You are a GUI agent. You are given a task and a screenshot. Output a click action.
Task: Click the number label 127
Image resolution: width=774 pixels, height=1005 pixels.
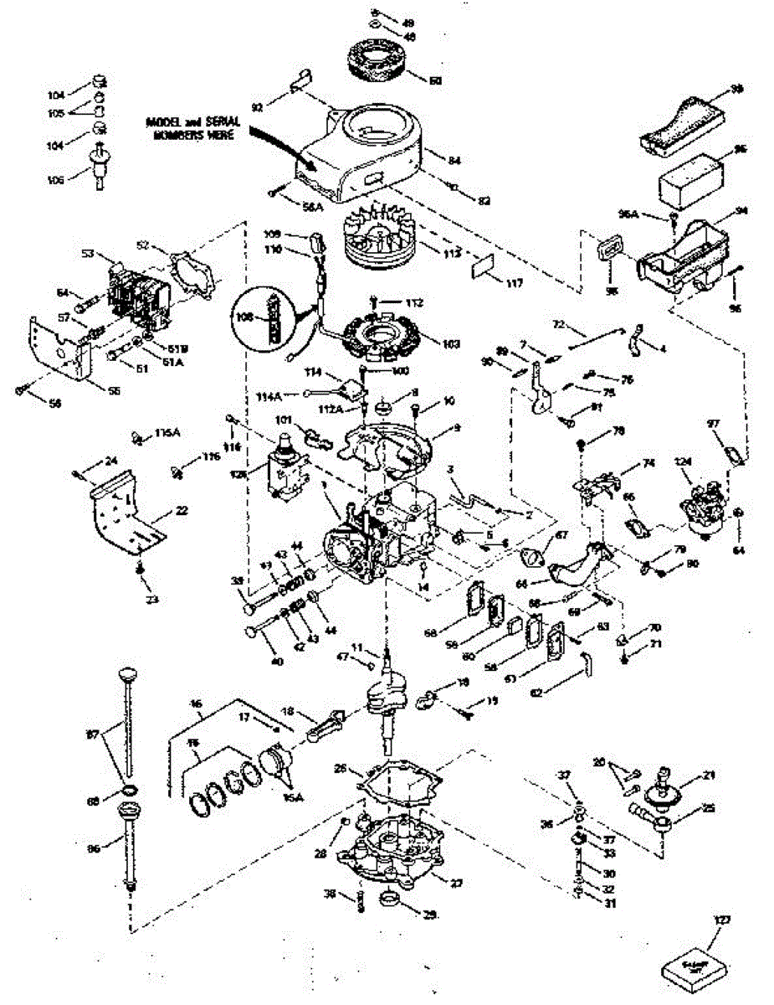pos(721,920)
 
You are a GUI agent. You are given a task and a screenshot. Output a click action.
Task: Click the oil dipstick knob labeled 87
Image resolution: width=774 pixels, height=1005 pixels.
pos(126,675)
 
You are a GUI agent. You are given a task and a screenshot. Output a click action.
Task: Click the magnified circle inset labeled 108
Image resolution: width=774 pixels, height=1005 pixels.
pos(269,317)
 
